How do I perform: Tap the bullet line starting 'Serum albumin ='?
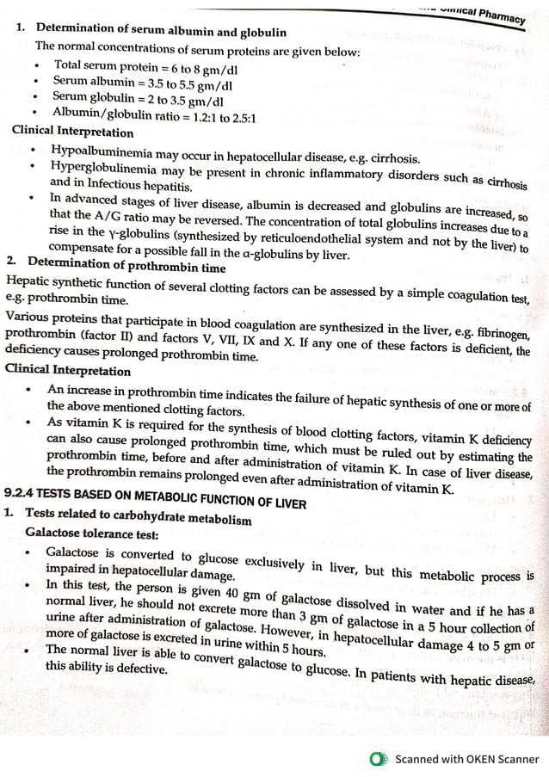[142, 84]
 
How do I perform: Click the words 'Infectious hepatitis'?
[128, 184]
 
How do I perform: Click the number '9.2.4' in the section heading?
[18, 494]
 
